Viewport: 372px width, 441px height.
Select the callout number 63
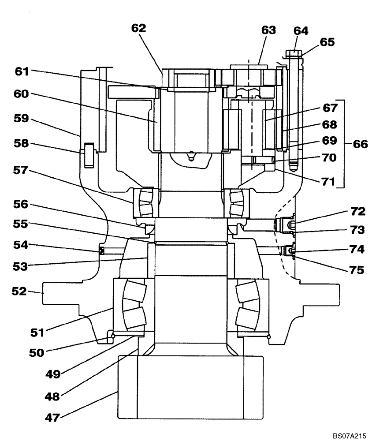[x=268, y=30]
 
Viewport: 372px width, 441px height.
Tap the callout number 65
[x=327, y=42]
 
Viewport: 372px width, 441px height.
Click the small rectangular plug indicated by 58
[x=89, y=155]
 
